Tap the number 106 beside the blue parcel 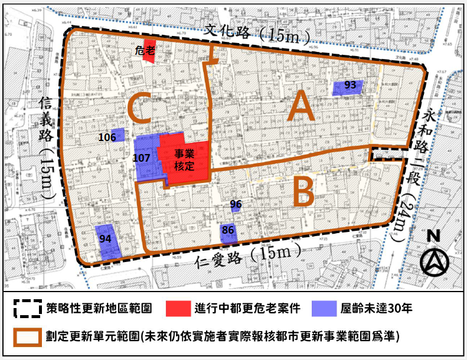[107, 138]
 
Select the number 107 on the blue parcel [142, 158]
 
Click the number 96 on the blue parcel [236, 205]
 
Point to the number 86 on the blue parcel [228, 230]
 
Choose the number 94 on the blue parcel [106, 238]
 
